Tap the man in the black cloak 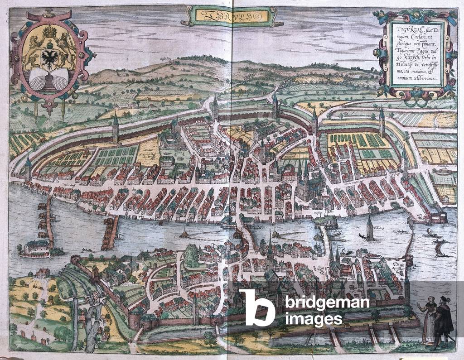[x=444, y=319]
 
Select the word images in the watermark [x=314, y=319]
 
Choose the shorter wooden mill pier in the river [x=110, y=231]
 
